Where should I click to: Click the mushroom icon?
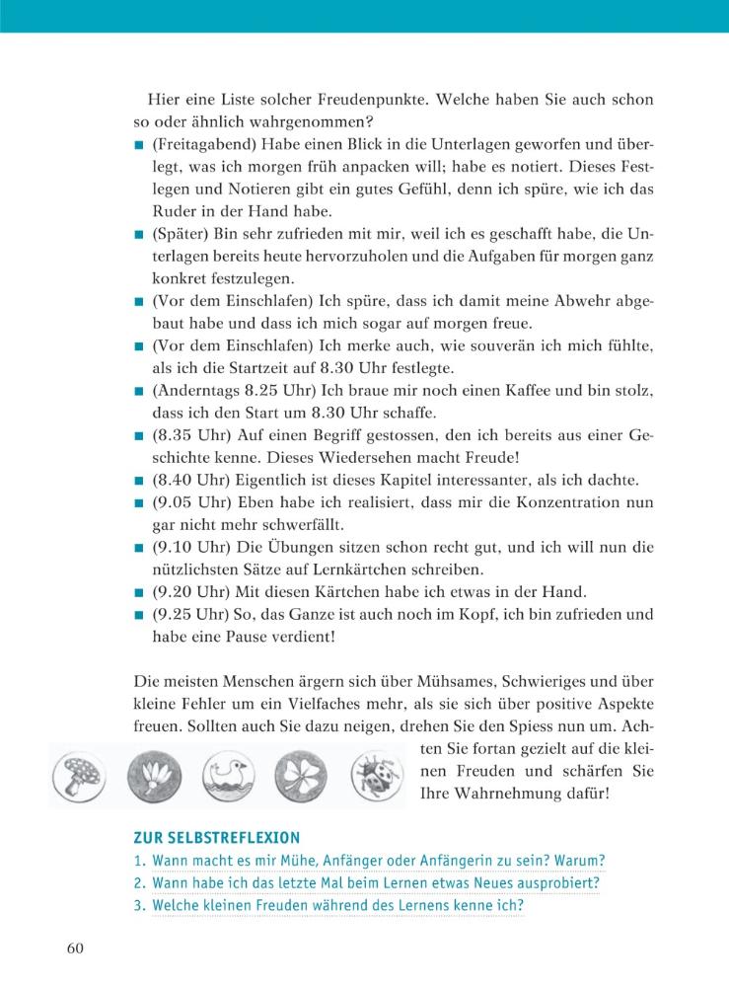(80, 773)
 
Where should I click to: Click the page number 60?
(78, 948)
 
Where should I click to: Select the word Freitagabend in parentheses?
(204, 145)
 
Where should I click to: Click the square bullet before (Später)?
(140, 235)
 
